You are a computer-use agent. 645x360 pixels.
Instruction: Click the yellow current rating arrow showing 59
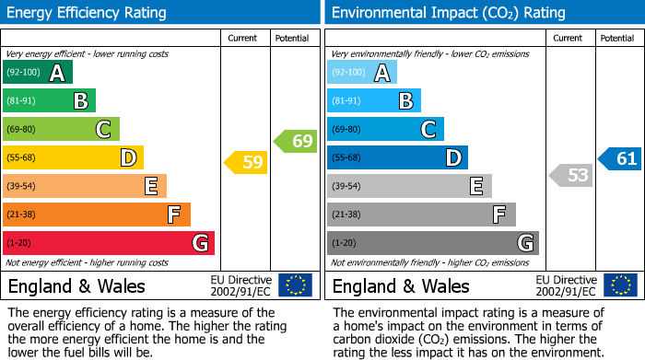pyautogui.click(x=246, y=163)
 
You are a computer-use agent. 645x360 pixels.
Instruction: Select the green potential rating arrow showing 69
pyautogui.click(x=295, y=141)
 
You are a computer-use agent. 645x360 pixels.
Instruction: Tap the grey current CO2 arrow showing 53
pyautogui.click(x=570, y=175)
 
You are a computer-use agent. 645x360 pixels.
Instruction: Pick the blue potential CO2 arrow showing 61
pyautogui.click(x=619, y=158)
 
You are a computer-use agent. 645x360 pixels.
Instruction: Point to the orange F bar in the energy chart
pyautogui.click(x=96, y=215)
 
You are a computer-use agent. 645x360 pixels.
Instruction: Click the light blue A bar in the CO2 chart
pyautogui.click(x=361, y=72)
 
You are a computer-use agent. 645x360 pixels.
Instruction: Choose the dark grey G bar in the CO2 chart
pyautogui.click(x=432, y=243)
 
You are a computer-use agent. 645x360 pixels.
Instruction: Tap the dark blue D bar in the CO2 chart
pyautogui.click(x=396, y=157)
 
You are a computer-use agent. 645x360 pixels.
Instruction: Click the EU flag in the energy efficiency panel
pyautogui.click(x=295, y=285)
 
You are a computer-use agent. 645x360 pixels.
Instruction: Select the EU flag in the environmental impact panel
pyautogui.click(x=619, y=285)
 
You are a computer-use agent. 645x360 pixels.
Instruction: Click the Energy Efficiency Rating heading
pyautogui.click(x=88, y=13)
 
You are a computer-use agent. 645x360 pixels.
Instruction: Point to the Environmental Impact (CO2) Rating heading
pyautogui.click(x=448, y=13)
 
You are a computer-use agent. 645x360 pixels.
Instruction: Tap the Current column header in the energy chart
pyautogui.click(x=242, y=38)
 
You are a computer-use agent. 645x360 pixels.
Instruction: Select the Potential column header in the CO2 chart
pyautogui.click(x=616, y=38)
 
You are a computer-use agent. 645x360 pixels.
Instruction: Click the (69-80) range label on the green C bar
pyautogui.click(x=22, y=129)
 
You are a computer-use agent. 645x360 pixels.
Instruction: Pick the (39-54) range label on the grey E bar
pyautogui.click(x=346, y=186)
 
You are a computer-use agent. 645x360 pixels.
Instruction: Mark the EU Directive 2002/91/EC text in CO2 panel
pyautogui.click(x=567, y=285)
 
